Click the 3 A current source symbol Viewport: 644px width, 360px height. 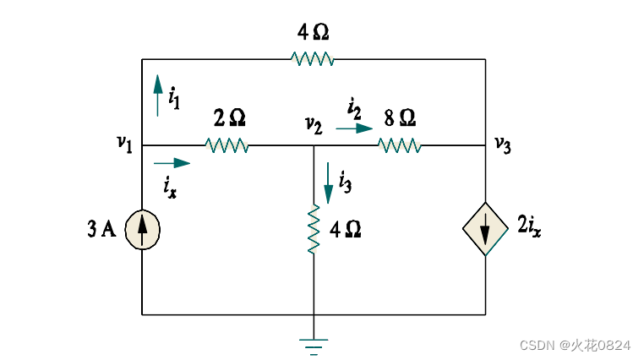click(x=142, y=230)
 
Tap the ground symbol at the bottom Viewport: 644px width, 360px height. click(x=314, y=343)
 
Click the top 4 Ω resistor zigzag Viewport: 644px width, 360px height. click(x=312, y=59)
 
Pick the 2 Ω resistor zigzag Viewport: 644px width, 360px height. click(x=226, y=145)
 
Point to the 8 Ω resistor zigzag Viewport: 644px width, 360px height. click(x=400, y=145)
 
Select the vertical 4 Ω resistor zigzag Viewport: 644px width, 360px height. click(x=314, y=229)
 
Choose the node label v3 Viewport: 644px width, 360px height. click(x=503, y=145)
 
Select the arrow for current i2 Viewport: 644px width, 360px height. click(x=354, y=128)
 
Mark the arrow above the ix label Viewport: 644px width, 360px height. click(x=172, y=162)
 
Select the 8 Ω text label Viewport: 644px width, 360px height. click(x=399, y=118)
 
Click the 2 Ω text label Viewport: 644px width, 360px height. click(x=227, y=118)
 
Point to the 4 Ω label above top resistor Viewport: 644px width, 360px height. click(x=313, y=33)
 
